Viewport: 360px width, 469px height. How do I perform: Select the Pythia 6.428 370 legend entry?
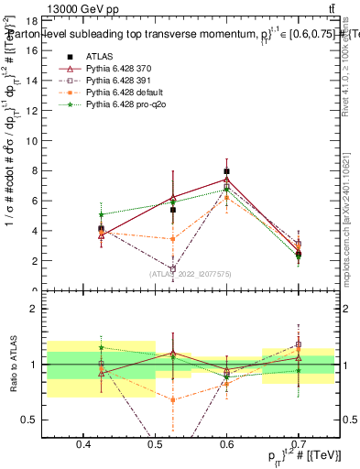point(119,70)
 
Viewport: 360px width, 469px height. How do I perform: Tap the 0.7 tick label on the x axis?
point(299,445)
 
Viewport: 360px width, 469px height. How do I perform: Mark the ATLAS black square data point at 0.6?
point(226,171)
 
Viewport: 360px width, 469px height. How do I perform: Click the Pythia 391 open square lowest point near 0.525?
point(172,269)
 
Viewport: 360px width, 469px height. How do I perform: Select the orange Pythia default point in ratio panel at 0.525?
point(172,399)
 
